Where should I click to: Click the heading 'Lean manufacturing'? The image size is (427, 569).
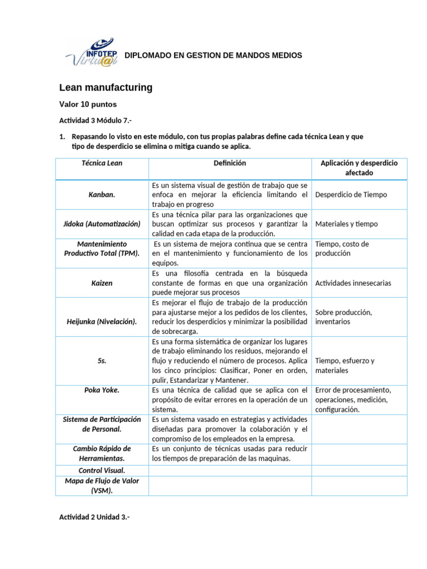pyautogui.click(x=106, y=88)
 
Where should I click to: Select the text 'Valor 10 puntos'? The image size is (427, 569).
pyautogui.click(x=88, y=104)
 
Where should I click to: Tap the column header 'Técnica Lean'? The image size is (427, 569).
pyautogui.click(x=102, y=163)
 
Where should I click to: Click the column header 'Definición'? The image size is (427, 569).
pyautogui.click(x=230, y=163)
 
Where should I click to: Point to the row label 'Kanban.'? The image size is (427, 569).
pyautogui.click(x=102, y=194)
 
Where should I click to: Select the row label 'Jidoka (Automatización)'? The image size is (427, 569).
pyautogui.click(x=102, y=224)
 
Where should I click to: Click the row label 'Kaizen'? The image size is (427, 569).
pyautogui.click(x=102, y=283)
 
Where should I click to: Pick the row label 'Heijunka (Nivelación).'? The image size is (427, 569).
pyautogui.click(x=102, y=322)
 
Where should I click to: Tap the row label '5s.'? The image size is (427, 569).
pyautogui.click(x=102, y=361)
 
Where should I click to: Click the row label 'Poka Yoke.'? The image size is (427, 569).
pyautogui.click(x=102, y=390)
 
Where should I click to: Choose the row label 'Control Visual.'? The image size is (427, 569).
pyautogui.click(x=102, y=470)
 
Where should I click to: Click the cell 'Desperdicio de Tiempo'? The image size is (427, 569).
pyautogui.click(x=351, y=194)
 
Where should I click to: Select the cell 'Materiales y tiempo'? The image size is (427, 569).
pyautogui.click(x=346, y=224)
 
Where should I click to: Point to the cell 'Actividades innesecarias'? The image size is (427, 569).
pyautogui.click(x=352, y=283)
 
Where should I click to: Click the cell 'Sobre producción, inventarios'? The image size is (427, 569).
pyautogui.click(x=344, y=317)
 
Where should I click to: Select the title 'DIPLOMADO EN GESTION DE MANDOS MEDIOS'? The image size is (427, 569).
pyautogui.click(x=213, y=56)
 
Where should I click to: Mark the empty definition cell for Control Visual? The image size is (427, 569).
pyautogui.click(x=230, y=470)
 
